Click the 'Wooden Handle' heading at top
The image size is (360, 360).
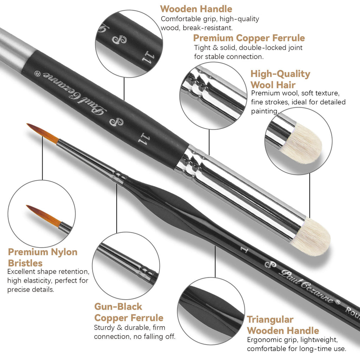coord(196,9)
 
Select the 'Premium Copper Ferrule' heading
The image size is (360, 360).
coord(249,38)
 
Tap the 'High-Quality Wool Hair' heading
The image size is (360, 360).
coord(280,79)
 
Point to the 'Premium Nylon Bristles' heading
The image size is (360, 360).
coord(43,257)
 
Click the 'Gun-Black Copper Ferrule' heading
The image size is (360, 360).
coord(129,312)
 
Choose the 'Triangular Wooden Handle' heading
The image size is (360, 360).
coord(283,325)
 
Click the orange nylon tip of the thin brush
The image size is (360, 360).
coord(43,134)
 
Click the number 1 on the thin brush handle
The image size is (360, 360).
coord(244,250)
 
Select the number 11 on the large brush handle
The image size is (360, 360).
coord(144,139)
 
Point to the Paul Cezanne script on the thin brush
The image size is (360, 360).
coord(307,286)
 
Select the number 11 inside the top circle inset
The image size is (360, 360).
coord(148,58)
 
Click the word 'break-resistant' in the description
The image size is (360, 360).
coord(207,28)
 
